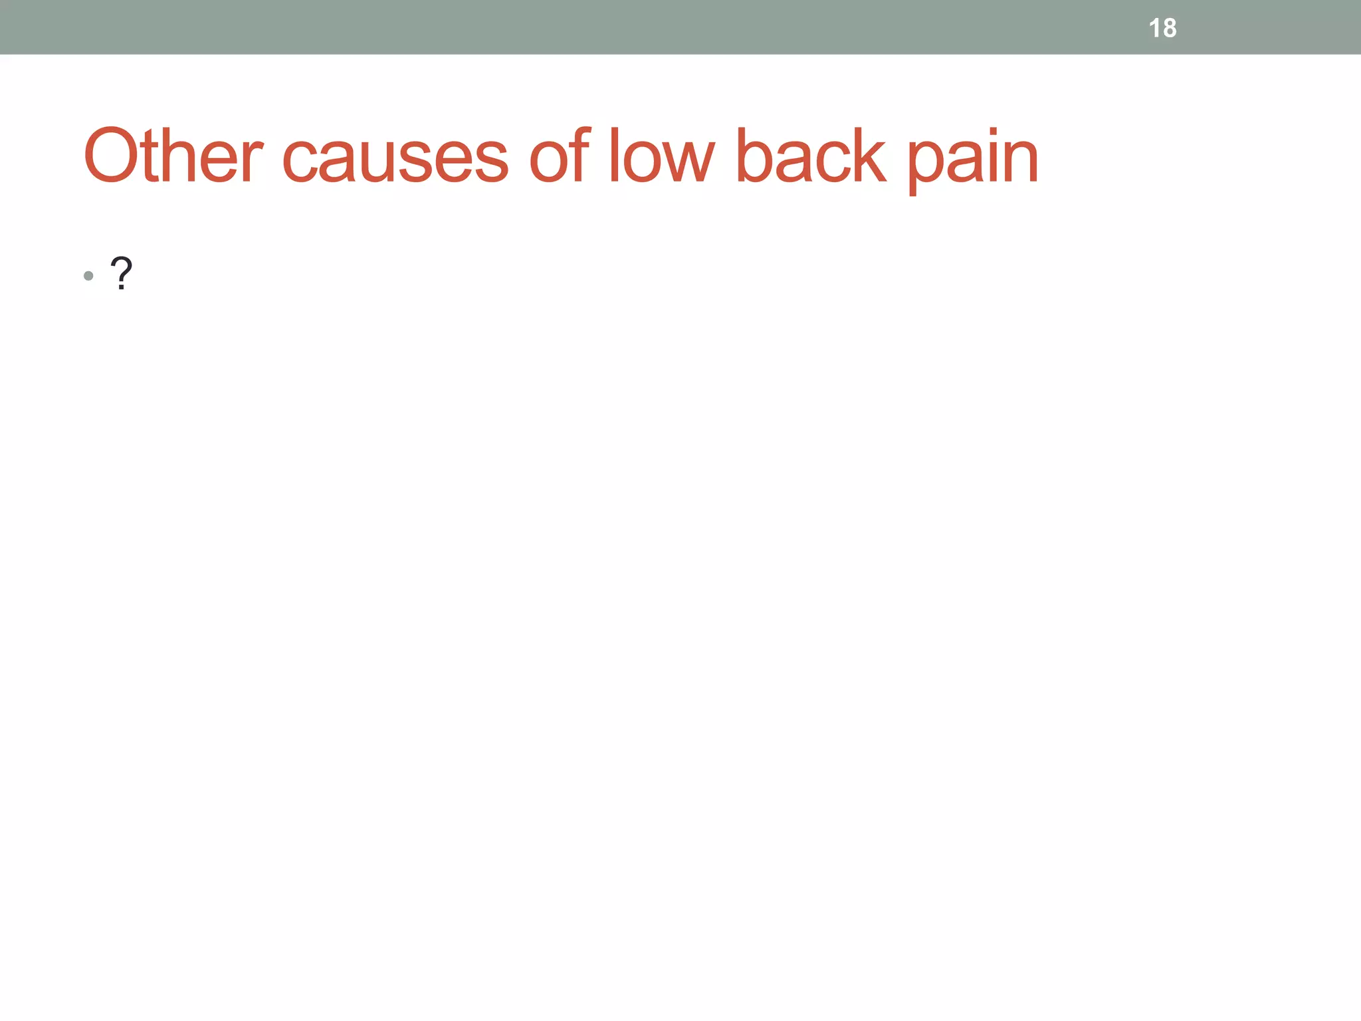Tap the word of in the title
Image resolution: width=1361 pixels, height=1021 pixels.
point(560,156)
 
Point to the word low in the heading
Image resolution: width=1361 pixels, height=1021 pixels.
point(661,156)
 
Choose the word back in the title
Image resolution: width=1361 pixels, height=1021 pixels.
point(811,156)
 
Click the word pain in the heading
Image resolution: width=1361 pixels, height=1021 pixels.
point(972,160)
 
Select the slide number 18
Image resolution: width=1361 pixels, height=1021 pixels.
point(1162,28)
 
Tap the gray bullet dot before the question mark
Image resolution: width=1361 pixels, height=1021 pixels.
point(88,275)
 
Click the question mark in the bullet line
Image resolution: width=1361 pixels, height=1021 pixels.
point(121,273)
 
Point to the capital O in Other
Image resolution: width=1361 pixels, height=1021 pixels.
point(111,156)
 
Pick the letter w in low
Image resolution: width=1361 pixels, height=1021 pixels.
point(690,163)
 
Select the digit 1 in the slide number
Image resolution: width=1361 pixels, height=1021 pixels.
point(1154,28)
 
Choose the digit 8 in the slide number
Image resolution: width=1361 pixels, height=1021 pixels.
point(1169,28)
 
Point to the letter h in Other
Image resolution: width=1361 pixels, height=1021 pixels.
point(178,156)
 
